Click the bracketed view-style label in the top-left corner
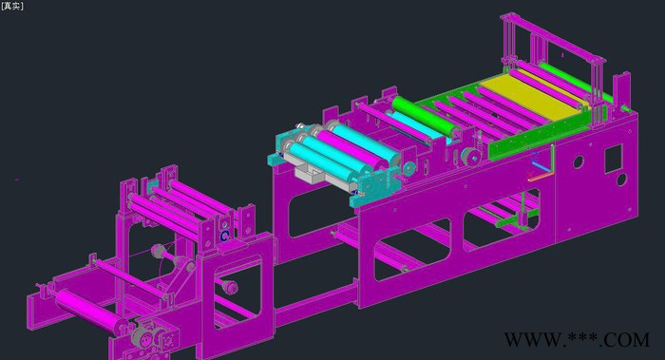(12, 6)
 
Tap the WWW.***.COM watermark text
(577, 340)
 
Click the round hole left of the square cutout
(578, 162)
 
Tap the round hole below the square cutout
(621, 180)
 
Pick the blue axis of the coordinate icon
(541, 164)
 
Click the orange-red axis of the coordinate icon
(541, 177)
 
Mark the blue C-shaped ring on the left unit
(223, 236)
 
